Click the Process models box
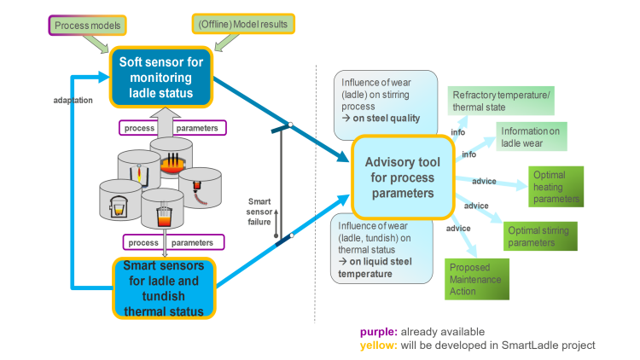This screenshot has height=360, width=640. click(86, 26)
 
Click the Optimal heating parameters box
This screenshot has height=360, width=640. click(554, 187)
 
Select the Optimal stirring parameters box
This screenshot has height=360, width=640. click(540, 236)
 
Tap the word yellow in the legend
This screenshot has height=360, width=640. click(376, 345)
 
